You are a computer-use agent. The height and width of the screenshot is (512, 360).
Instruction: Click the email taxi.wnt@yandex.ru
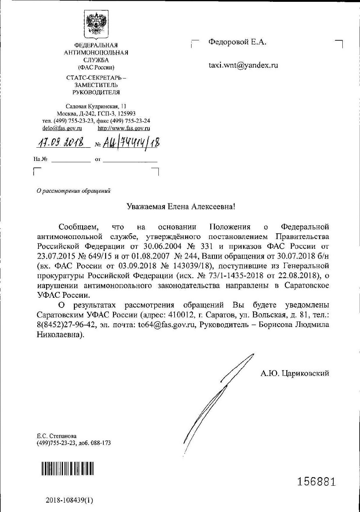(x=243, y=66)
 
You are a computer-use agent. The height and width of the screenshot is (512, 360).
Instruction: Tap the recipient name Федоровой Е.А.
(x=238, y=42)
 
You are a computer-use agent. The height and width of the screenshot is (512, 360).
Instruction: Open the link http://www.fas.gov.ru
(x=124, y=128)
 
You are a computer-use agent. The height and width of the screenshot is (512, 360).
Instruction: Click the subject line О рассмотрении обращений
(x=74, y=191)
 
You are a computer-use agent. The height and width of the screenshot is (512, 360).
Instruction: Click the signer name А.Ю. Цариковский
(x=295, y=373)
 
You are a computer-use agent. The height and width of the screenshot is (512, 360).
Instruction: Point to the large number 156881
(x=316, y=482)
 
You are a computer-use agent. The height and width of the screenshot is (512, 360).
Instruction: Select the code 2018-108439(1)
(x=69, y=500)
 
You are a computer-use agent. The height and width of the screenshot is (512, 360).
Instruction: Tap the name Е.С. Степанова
(x=57, y=436)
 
